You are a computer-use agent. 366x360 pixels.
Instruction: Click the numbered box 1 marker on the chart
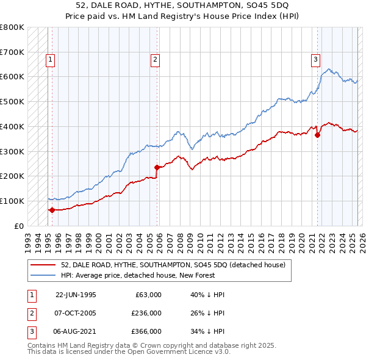49,59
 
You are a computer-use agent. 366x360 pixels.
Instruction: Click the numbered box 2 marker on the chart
156,59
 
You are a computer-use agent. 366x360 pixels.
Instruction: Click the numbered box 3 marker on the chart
315,59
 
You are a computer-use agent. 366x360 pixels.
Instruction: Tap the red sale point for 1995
52,210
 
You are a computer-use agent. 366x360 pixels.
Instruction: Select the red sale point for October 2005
157,167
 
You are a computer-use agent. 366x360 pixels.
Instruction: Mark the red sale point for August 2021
318,135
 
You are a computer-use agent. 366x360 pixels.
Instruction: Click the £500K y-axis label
12,102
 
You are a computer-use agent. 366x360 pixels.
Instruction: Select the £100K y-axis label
12,201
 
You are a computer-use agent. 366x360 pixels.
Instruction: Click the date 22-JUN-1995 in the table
76,295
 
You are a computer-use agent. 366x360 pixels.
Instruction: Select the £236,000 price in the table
146,313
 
